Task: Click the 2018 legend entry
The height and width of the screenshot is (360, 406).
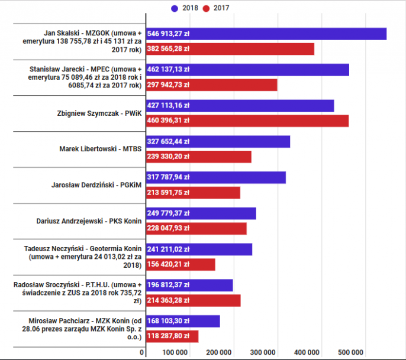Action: pos(185,8)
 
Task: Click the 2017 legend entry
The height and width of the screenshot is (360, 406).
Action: pos(217,8)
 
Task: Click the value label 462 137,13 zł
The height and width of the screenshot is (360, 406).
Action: pos(168,70)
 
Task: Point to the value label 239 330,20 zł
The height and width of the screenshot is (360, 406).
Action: pos(168,157)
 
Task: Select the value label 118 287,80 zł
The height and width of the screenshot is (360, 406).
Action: pos(168,336)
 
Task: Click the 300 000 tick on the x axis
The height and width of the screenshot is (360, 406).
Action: pos(264,352)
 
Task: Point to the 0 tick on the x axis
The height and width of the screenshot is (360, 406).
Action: pos(142,352)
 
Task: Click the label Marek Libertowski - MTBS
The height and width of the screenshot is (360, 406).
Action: pos(101,149)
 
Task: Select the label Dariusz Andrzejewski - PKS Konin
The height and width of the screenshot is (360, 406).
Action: pos(88,221)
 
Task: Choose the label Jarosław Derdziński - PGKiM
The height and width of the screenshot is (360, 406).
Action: pos(97,185)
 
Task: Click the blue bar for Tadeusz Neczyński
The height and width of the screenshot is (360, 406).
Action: pos(198,249)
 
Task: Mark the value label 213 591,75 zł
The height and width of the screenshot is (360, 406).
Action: pos(168,193)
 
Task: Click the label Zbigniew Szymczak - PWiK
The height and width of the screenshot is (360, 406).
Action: pos(100,113)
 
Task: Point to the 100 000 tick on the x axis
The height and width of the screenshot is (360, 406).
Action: pos(176,352)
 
